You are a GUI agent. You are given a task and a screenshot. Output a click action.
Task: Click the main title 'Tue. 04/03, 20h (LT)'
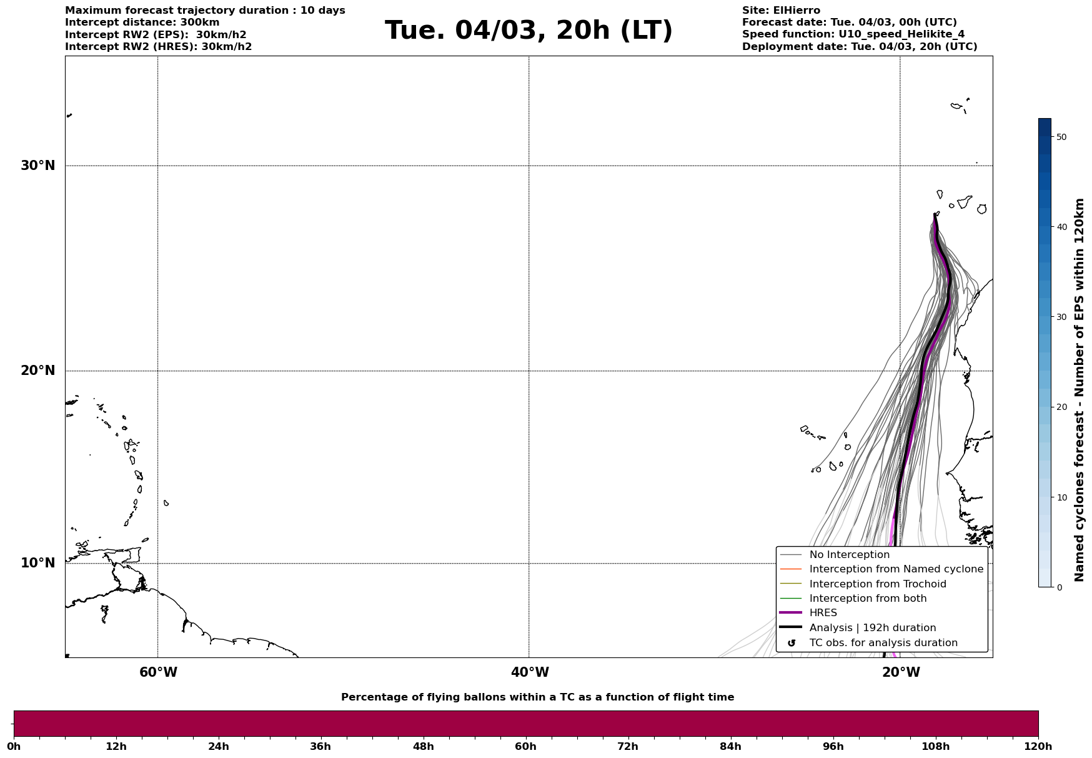[x=529, y=31]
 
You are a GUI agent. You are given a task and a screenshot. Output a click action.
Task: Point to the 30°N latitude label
[x=38, y=166]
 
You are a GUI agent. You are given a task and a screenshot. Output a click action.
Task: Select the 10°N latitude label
[x=38, y=563]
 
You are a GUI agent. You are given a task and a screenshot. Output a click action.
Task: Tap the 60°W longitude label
[x=158, y=672]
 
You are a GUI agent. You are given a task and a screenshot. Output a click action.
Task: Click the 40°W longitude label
[x=530, y=672]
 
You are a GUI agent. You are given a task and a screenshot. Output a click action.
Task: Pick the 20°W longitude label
[x=901, y=672]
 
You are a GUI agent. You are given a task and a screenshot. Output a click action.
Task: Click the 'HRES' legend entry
[x=823, y=613]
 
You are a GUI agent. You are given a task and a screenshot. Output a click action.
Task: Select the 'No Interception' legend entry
[x=849, y=555]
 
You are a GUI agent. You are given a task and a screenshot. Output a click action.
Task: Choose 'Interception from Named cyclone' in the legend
[x=896, y=569]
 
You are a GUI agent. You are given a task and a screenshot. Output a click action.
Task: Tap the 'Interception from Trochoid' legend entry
[x=877, y=584]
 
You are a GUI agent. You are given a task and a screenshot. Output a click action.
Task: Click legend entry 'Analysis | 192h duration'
[x=872, y=628]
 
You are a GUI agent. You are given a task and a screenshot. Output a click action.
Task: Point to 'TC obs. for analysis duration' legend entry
[x=883, y=643]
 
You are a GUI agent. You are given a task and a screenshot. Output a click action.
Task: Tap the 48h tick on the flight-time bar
[x=424, y=747]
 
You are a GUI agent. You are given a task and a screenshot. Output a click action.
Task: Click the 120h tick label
[x=1038, y=747]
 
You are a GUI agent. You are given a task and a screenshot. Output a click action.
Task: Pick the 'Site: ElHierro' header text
[x=781, y=11]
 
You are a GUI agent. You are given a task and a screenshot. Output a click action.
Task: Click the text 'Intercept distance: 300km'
[x=142, y=22]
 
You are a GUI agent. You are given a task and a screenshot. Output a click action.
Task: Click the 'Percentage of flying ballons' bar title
[x=537, y=697]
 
